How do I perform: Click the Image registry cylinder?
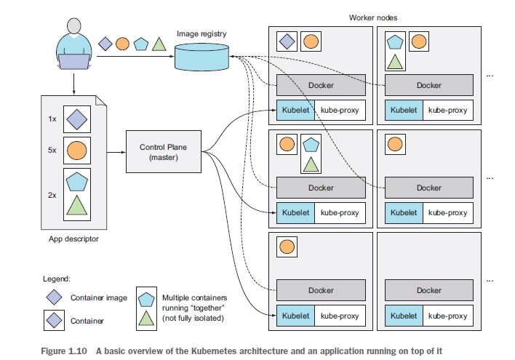coord(201,56)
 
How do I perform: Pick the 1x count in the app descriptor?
coord(52,117)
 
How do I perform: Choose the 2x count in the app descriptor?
coord(52,194)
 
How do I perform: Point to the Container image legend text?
coord(98,297)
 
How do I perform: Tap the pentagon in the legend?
coord(145,297)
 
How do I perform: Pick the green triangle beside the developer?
coord(159,44)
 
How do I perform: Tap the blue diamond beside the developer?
coord(105,44)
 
